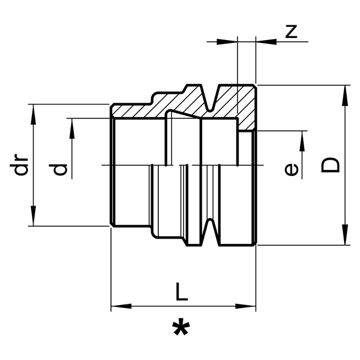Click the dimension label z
click(291, 31)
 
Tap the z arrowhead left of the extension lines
click(228, 41)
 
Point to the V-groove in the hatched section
click(212, 98)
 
